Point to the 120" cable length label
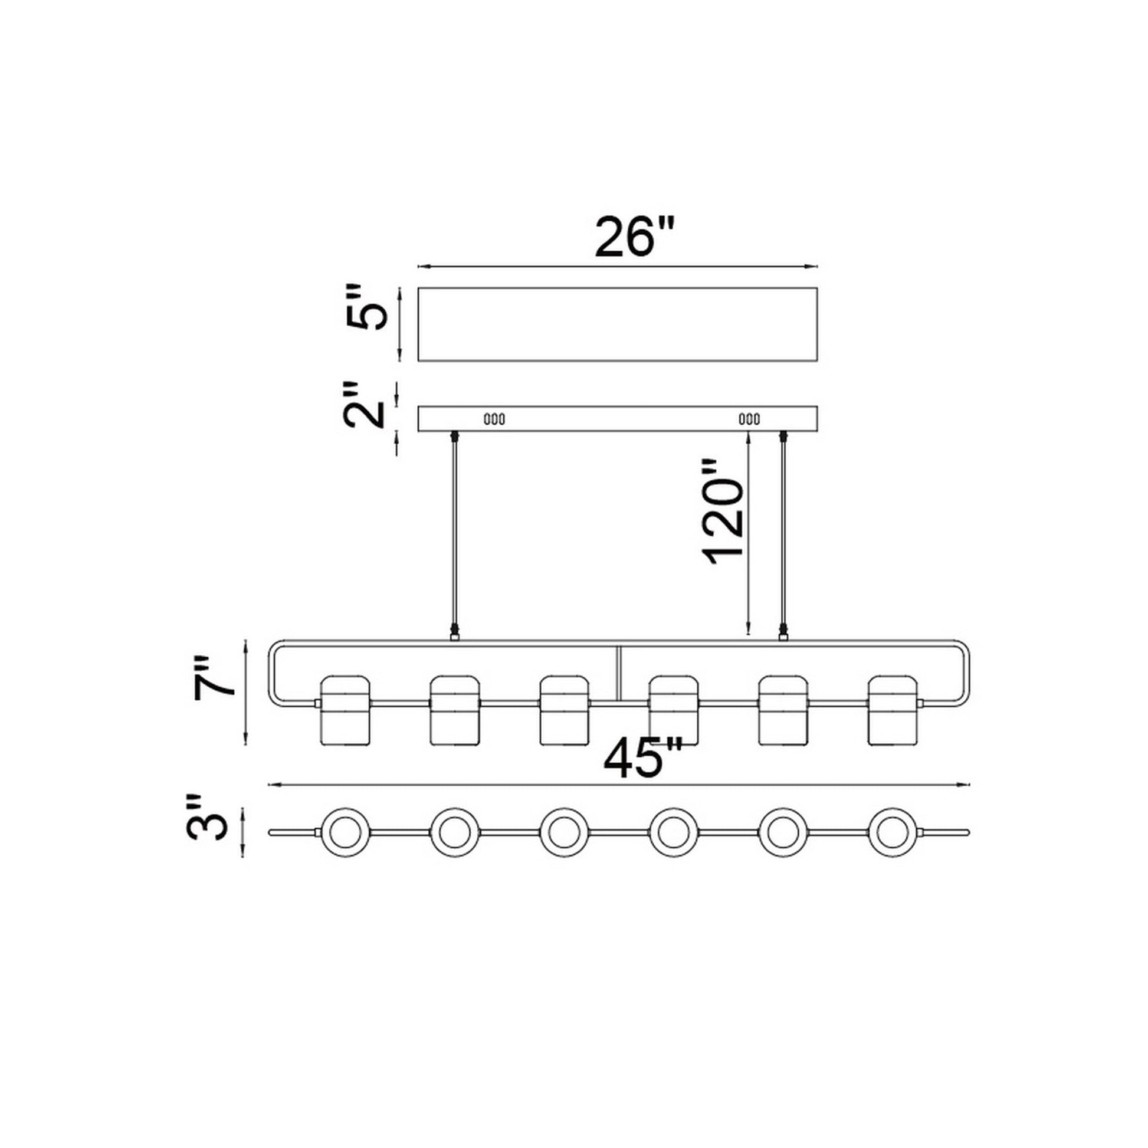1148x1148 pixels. click(723, 511)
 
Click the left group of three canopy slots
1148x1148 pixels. click(494, 419)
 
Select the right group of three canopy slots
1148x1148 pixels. click(749, 419)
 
